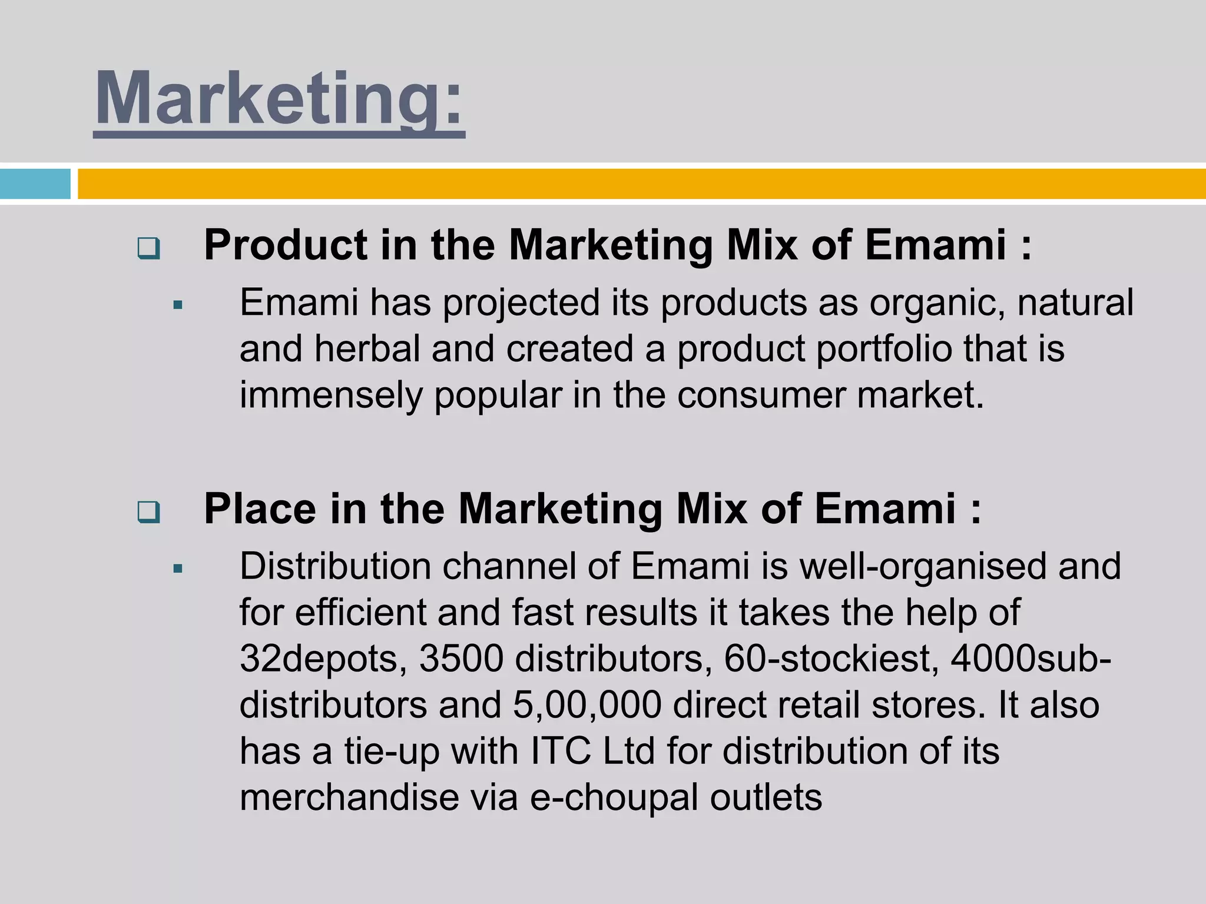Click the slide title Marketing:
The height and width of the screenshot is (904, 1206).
280,99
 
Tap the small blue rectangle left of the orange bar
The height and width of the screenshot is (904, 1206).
35,184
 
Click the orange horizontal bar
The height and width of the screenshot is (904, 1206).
641,184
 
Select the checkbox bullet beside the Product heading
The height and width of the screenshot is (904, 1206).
148,248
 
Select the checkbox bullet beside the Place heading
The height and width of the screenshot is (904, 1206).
148,512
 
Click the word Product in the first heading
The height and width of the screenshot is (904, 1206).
286,245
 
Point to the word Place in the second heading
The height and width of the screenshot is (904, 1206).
260,508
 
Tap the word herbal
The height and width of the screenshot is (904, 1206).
367,348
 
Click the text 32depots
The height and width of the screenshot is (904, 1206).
323,658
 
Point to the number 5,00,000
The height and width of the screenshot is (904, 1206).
587,704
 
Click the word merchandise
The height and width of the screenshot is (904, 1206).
349,797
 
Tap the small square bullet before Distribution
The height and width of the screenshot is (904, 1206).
178,569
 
